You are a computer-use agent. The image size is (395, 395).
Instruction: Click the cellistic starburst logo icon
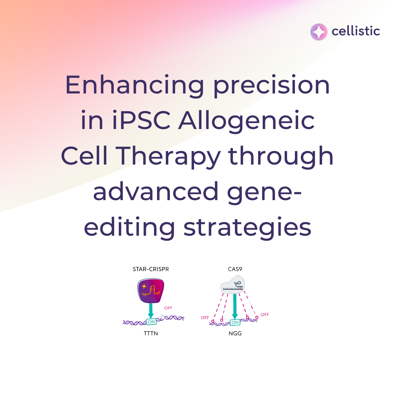click(x=319, y=32)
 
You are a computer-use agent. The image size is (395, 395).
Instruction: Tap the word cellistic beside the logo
click(x=355, y=31)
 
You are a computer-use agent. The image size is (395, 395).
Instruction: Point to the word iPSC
click(x=141, y=120)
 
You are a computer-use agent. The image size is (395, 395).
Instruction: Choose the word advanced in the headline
click(x=156, y=191)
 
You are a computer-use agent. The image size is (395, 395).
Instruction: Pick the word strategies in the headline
click(x=247, y=228)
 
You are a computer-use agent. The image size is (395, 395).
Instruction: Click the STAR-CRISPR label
click(x=151, y=269)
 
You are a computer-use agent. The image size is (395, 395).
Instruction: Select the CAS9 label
click(x=235, y=269)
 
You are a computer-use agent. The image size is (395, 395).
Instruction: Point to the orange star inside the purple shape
click(x=144, y=286)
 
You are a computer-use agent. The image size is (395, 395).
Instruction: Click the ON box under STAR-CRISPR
click(x=151, y=322)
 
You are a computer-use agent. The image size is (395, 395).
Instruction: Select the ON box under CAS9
click(x=235, y=322)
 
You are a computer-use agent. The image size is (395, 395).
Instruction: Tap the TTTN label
click(x=151, y=333)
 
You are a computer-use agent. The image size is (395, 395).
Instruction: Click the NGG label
click(x=235, y=333)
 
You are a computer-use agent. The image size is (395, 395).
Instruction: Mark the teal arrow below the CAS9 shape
click(x=235, y=306)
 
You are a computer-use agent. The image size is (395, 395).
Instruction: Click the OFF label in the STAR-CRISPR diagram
click(x=168, y=308)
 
